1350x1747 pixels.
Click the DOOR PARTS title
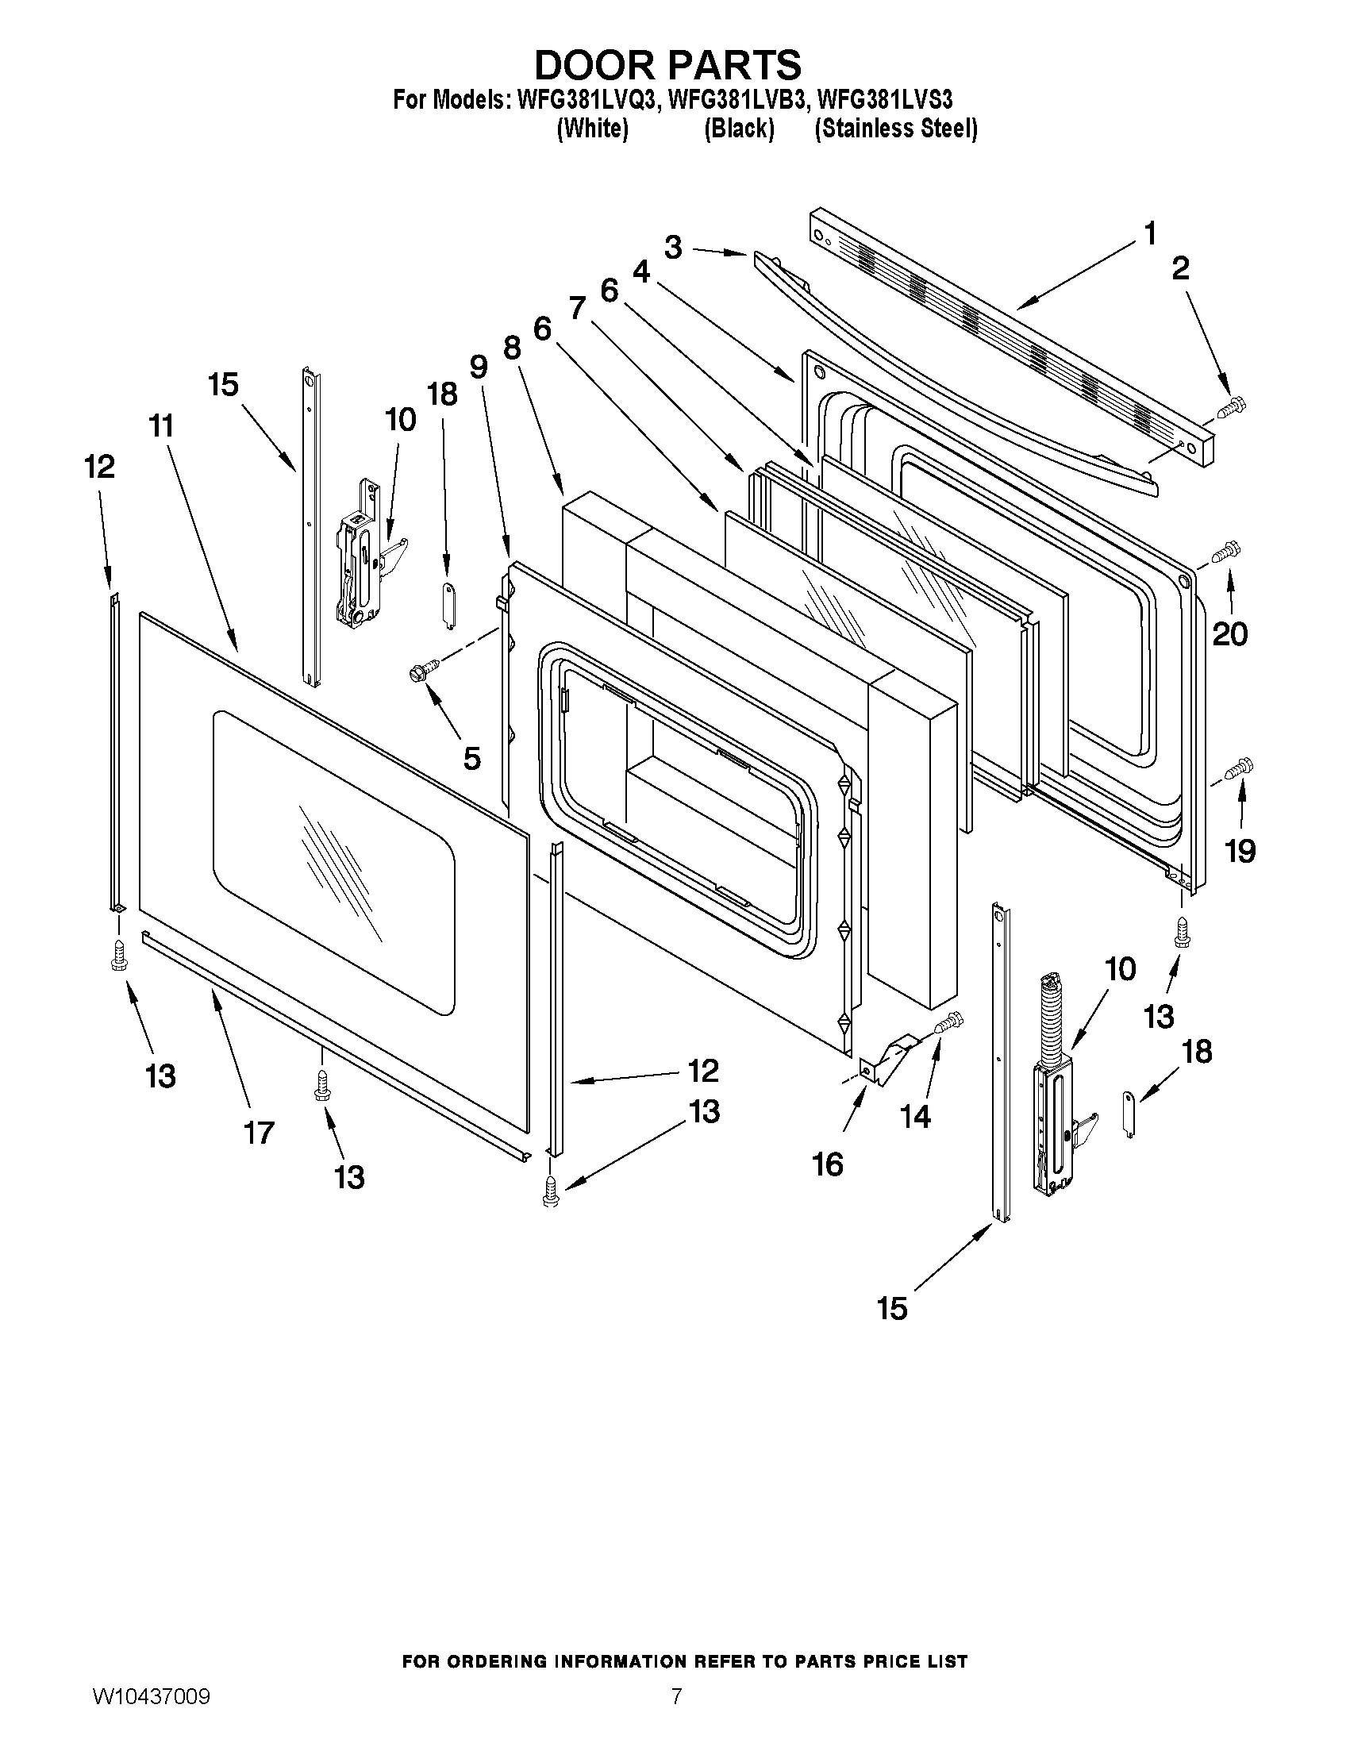pyautogui.click(x=667, y=63)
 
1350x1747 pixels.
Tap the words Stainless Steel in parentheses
pyautogui.click(x=896, y=129)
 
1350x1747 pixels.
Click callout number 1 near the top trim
pyautogui.click(x=1149, y=235)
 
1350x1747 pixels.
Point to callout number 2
pyautogui.click(x=1180, y=269)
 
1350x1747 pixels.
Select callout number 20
pyautogui.click(x=1229, y=634)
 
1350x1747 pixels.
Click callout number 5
pyautogui.click(x=472, y=756)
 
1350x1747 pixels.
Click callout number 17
pyautogui.click(x=258, y=1133)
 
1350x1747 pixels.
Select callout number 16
pyautogui.click(x=828, y=1164)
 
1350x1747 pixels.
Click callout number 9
pyautogui.click(x=478, y=367)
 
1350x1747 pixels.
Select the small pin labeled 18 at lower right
pyautogui.click(x=1129, y=1114)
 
